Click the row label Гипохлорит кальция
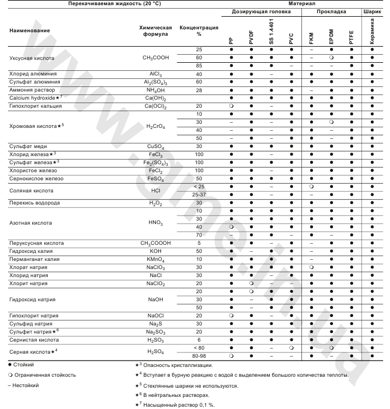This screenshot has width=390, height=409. click(x=36, y=107)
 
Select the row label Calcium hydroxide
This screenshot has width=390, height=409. click(x=33, y=99)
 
